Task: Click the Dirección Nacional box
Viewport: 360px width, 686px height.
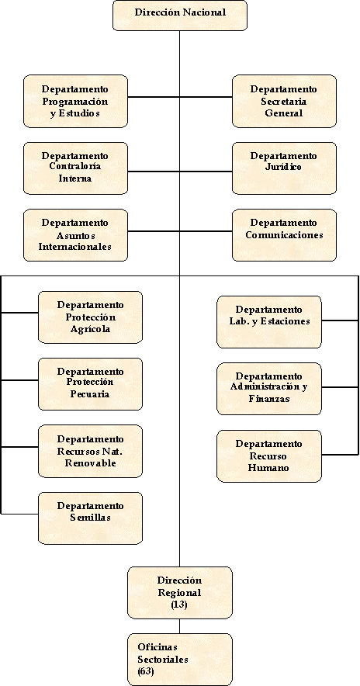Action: click(180, 16)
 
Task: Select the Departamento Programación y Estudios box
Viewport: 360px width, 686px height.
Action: click(76, 101)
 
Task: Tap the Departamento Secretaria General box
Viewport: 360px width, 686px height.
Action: click(284, 101)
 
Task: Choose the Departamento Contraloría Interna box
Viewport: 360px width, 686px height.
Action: click(76, 168)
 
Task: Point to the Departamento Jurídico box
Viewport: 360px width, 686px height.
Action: click(284, 168)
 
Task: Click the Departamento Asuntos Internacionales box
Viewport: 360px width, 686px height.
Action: click(76, 235)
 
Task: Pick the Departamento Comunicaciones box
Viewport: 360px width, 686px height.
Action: click(284, 235)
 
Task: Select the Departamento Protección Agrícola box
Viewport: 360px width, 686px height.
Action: click(91, 317)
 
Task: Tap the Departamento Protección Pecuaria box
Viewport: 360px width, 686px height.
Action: click(91, 384)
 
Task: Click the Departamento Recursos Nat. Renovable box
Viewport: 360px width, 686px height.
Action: click(91, 451)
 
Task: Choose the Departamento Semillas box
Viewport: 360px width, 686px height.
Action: click(91, 518)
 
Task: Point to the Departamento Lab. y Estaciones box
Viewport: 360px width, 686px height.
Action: click(269, 322)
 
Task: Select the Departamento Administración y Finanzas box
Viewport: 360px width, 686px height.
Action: click(269, 389)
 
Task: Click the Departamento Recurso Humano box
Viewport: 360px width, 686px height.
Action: click(269, 456)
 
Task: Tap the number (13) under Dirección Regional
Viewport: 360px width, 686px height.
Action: click(179, 605)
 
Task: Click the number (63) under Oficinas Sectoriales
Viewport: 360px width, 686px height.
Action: click(146, 671)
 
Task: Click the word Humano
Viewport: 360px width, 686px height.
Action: click(268, 468)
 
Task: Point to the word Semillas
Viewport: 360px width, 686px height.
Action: click(90, 518)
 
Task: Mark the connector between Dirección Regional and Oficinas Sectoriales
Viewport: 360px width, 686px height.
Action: click(180, 626)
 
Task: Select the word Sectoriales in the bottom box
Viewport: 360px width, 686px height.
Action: click(163, 660)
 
